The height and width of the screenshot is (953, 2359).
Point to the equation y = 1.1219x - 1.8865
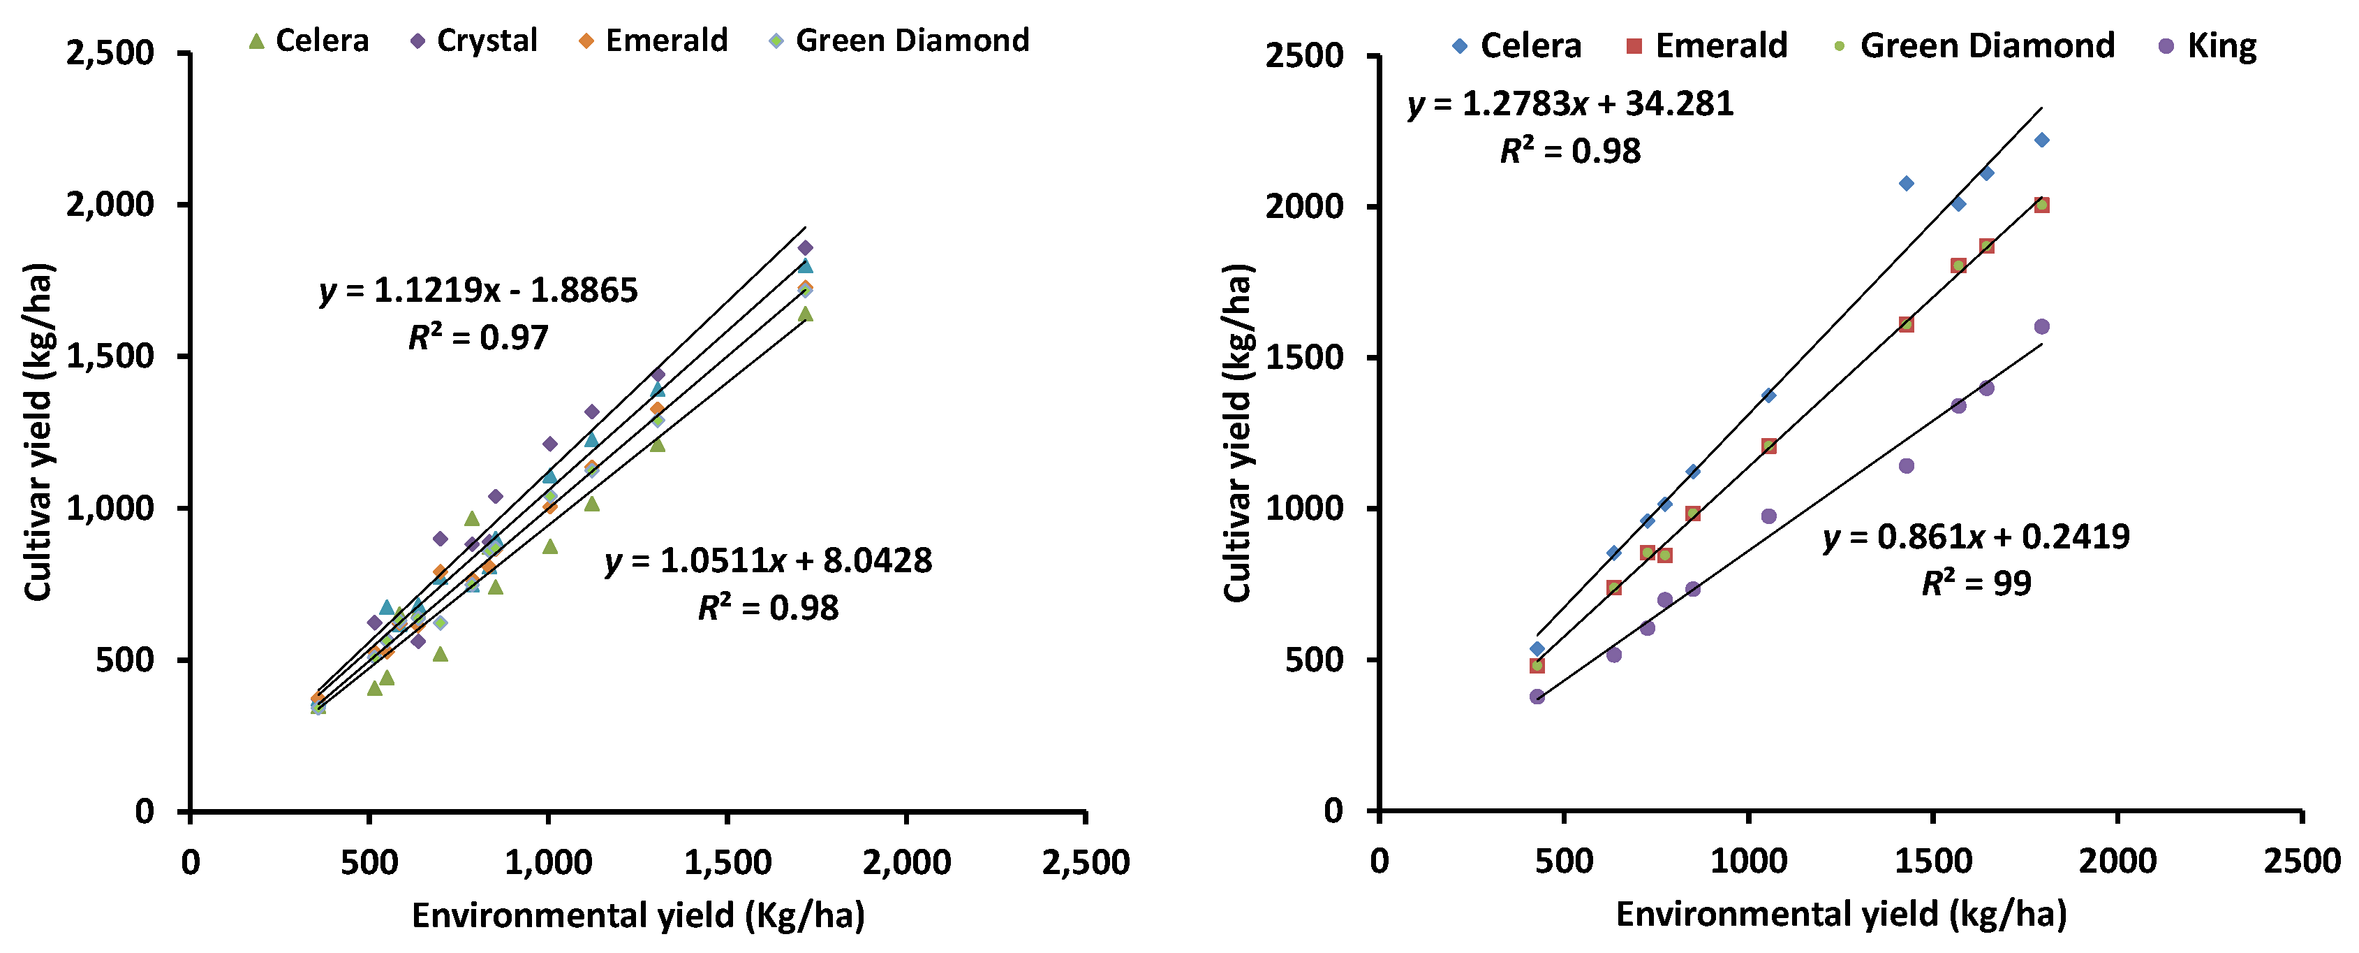tap(478, 291)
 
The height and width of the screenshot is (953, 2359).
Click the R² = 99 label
tap(1976, 583)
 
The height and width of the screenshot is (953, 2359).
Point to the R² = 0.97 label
tap(478, 338)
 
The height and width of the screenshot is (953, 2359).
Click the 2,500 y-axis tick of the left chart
tap(110, 53)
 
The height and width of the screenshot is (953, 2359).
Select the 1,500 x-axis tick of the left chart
tap(727, 863)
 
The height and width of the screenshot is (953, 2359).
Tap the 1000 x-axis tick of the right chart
tap(1748, 861)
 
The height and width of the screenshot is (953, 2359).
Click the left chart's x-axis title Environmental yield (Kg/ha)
tap(637, 915)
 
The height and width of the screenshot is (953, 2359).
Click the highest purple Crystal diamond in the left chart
tap(805, 248)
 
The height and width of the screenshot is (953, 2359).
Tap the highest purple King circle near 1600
tap(2041, 327)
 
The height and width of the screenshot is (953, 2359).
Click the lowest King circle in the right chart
tap(1537, 697)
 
